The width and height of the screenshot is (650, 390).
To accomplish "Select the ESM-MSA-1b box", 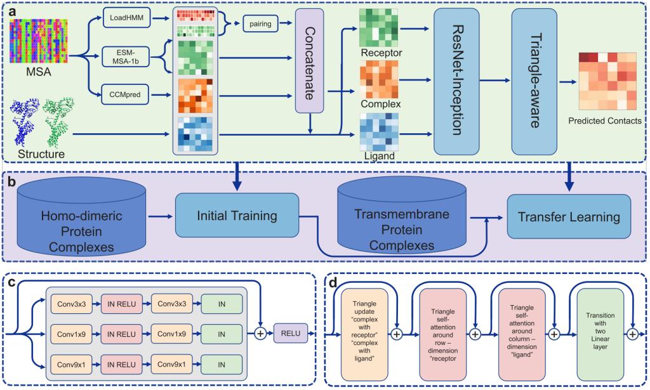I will pos(125,59).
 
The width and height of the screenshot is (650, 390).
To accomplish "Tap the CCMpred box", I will pos(125,96).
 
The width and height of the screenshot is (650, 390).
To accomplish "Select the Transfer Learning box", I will pos(568,217).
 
